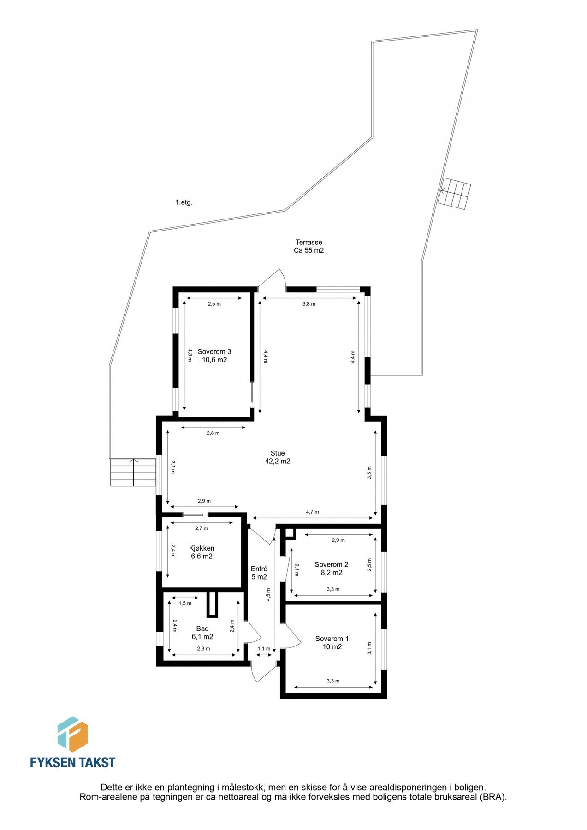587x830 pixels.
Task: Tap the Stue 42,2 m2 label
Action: (x=278, y=457)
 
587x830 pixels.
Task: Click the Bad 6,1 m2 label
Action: (x=202, y=632)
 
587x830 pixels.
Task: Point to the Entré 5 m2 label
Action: (x=259, y=573)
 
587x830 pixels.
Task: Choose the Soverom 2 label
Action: (x=331, y=568)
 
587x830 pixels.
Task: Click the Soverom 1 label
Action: (x=332, y=642)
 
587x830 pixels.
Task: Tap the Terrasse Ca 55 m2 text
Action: (x=308, y=246)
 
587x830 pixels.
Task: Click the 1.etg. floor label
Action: (x=184, y=202)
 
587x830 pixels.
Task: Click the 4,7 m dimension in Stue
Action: (x=312, y=512)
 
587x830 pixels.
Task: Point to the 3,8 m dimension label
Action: (x=308, y=304)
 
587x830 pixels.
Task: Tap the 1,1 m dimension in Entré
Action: (x=264, y=648)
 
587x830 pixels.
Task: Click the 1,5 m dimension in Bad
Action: (x=185, y=603)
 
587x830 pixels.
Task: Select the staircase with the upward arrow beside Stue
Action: (x=133, y=472)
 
